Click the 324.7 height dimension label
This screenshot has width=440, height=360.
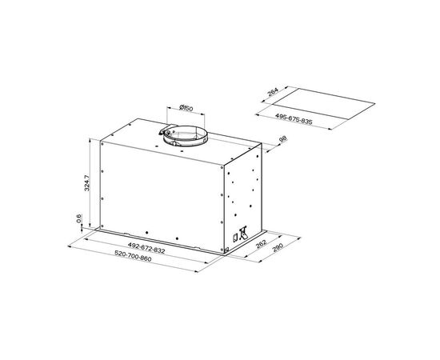pyautogui.click(x=87, y=183)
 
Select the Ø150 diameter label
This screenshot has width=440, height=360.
pyautogui.click(x=186, y=107)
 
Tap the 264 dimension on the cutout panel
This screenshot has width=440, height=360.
pyautogui.click(x=273, y=92)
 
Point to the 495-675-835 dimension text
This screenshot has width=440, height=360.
pyautogui.click(x=294, y=118)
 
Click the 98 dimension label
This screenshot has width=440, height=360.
pyautogui.click(x=283, y=139)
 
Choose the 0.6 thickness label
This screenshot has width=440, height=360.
pyautogui.click(x=79, y=218)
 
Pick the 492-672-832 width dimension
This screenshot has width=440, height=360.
pyautogui.click(x=146, y=248)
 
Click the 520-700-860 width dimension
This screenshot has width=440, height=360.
pyautogui.click(x=133, y=256)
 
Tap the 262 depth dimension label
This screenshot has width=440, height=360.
pyautogui.click(x=262, y=244)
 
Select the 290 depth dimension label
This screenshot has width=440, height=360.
pyautogui.click(x=278, y=247)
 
